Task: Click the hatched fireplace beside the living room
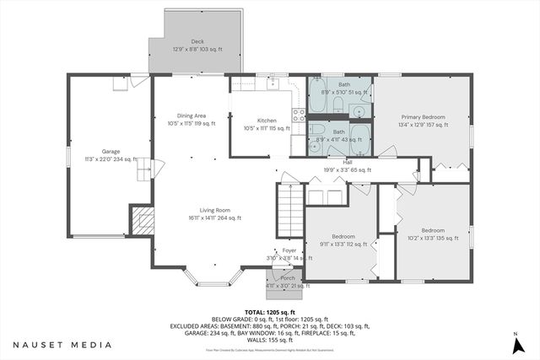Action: [142, 221]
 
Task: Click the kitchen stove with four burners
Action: [298, 119]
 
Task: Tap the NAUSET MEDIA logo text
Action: [62, 344]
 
